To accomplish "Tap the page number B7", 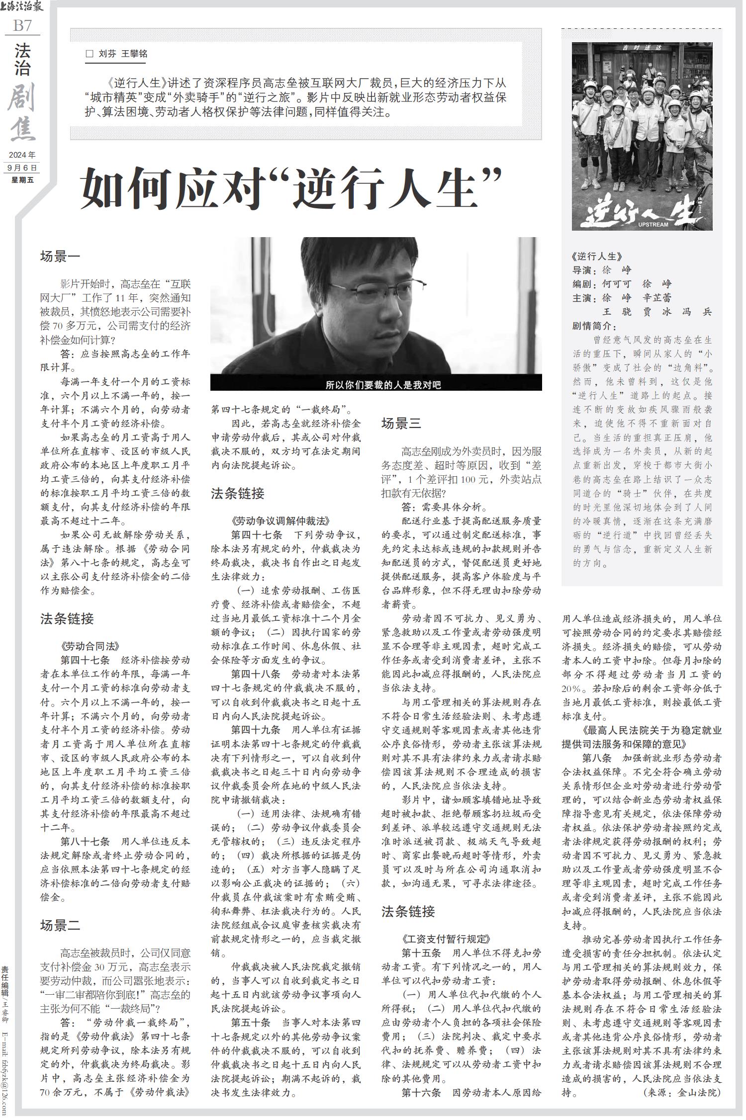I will pyautogui.click(x=22, y=25).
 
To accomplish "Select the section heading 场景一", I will pyautogui.click(x=60, y=257).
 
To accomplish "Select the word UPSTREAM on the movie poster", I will pyautogui.click(x=653, y=225).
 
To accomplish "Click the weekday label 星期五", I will pyautogui.click(x=22, y=180).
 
